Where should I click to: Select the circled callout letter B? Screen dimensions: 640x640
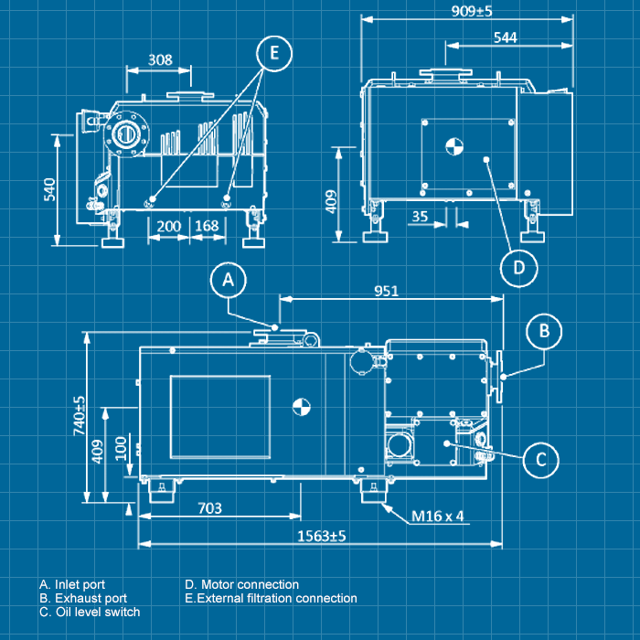pos(543,331)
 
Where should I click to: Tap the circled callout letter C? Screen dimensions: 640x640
pos(540,459)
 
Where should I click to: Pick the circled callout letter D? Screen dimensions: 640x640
pos(518,268)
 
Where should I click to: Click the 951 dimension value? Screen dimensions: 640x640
pos(387,291)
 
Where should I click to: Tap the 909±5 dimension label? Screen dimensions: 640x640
pos(472,11)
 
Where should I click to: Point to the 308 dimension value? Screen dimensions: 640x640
pos(160,59)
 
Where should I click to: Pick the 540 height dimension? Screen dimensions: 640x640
pos(50,187)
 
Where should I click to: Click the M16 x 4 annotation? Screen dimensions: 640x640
pos(438,516)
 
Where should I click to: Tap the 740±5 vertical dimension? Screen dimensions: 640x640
pos(79,413)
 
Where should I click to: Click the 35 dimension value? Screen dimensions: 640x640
pos(420,217)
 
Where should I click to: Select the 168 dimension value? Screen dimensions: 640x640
pos(207,226)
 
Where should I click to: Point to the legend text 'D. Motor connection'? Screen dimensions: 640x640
pos(241,584)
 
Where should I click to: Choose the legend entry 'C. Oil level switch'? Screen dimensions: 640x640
pos(90,612)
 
